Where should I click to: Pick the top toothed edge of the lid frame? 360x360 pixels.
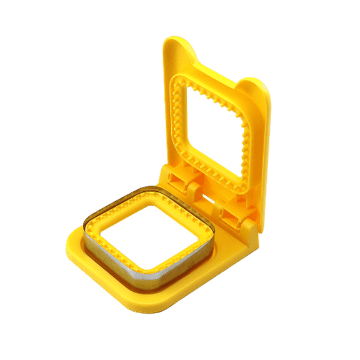212,87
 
